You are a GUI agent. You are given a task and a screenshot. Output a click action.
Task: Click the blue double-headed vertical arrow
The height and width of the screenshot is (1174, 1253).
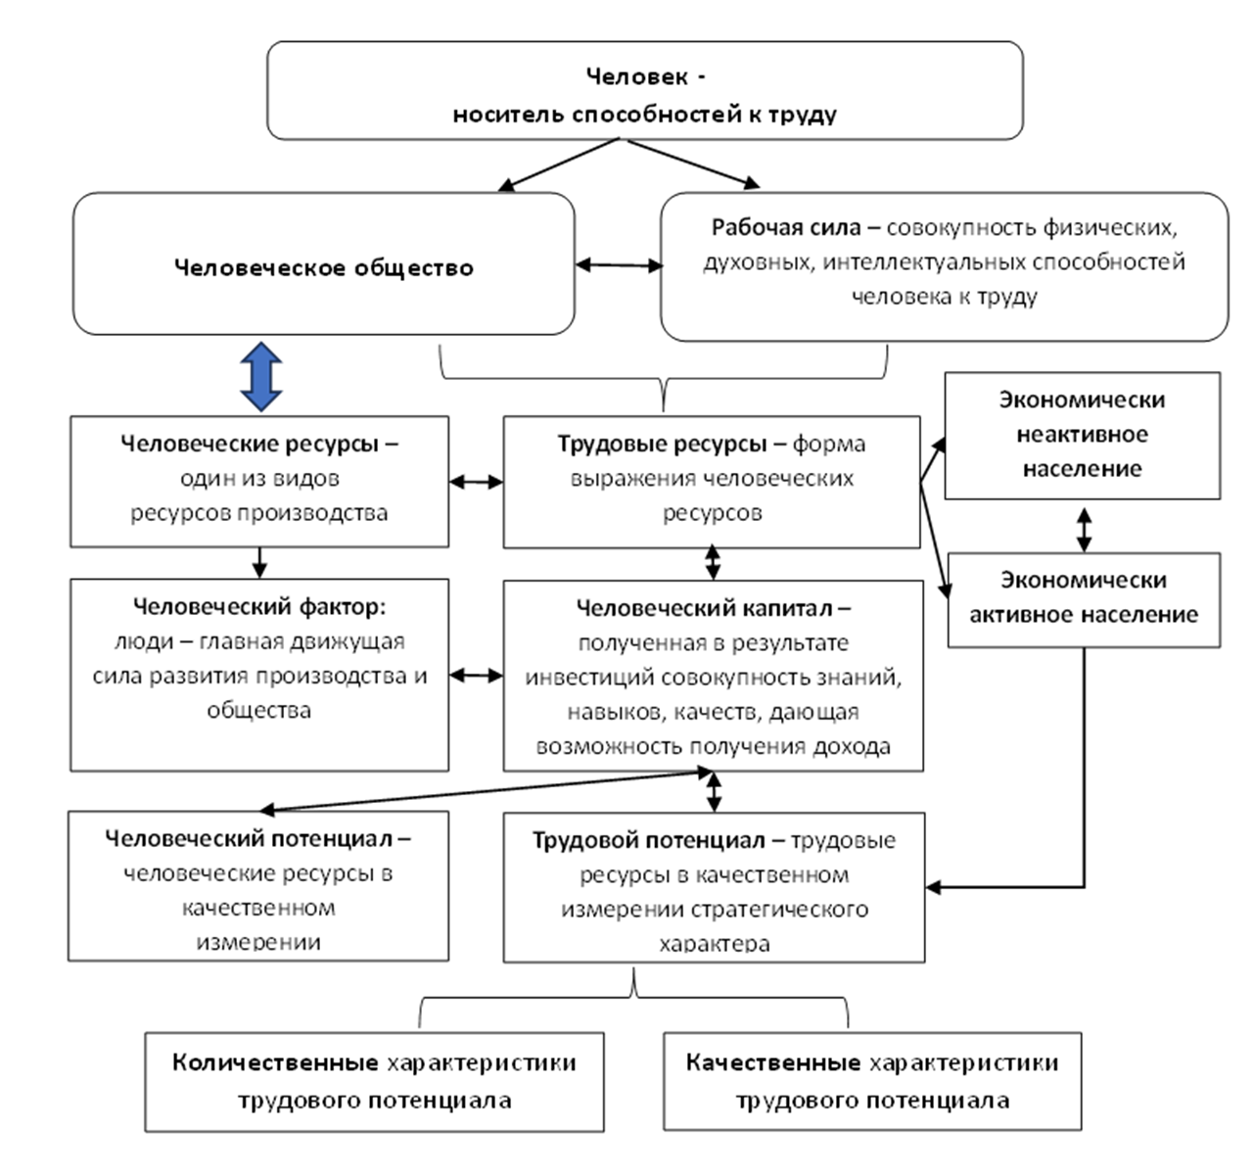[x=261, y=376]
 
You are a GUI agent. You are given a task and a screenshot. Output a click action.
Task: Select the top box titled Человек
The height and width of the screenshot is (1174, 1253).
[x=644, y=92]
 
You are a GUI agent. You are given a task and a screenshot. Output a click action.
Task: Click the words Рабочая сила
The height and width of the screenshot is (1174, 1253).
[x=786, y=227]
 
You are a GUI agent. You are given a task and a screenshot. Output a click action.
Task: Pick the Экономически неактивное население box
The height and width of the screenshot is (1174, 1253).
[x=1082, y=435]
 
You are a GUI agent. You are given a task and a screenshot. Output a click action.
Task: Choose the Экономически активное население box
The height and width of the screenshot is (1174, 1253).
[x=1083, y=598]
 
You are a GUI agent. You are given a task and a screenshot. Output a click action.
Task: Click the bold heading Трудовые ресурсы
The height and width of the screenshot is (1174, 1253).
[x=662, y=444]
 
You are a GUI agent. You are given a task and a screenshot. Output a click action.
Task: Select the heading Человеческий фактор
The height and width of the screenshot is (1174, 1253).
[x=258, y=607]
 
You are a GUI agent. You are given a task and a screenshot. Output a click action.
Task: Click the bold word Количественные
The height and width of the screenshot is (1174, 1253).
[x=276, y=1062]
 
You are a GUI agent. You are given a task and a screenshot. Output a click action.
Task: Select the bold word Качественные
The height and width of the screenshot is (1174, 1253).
[x=773, y=1062]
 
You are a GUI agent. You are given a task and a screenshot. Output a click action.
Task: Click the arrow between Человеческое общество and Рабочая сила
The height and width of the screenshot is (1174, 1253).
[x=619, y=264]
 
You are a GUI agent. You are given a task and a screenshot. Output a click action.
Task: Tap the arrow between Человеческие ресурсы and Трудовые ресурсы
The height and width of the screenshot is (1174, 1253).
[x=477, y=481]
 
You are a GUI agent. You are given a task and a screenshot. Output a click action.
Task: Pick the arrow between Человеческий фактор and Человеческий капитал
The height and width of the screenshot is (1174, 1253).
[x=477, y=676]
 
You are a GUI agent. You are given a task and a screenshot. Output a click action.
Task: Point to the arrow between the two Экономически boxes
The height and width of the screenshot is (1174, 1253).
[x=1084, y=528]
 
